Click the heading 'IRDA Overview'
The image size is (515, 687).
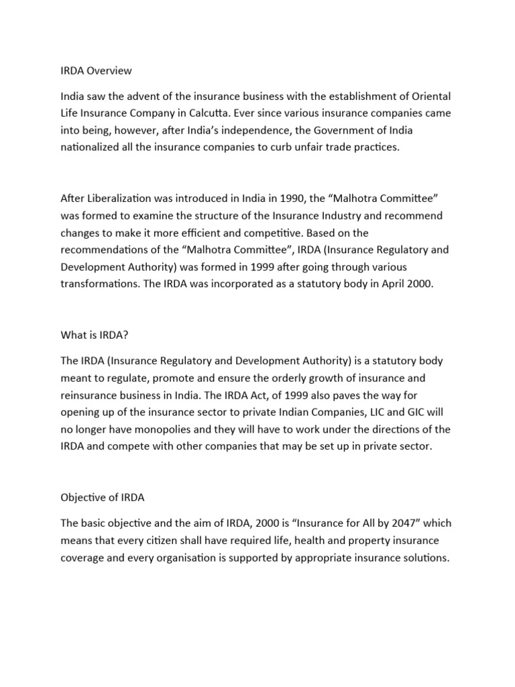click(96, 70)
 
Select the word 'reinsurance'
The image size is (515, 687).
click(92, 396)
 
